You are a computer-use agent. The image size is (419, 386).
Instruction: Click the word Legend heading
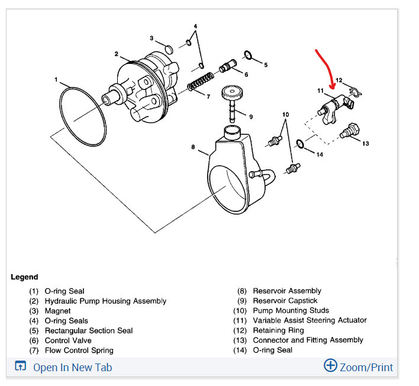pyautogui.click(x=24, y=276)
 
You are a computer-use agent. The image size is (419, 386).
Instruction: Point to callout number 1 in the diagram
pyautogui.click(x=56, y=79)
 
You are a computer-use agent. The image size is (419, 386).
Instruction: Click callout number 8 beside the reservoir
pyautogui.click(x=193, y=147)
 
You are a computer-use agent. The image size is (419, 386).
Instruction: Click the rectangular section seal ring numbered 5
pyautogui.click(x=249, y=56)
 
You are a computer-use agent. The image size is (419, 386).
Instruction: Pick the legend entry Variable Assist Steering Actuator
pyautogui.click(x=310, y=320)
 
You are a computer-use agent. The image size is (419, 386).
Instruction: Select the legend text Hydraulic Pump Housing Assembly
pyautogui.click(x=105, y=301)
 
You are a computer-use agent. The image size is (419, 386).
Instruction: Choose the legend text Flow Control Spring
pyautogui.click(x=79, y=350)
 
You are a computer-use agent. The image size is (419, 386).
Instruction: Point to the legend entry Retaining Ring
pyautogui.click(x=278, y=330)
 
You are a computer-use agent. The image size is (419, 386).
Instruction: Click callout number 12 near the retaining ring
pyautogui.click(x=339, y=80)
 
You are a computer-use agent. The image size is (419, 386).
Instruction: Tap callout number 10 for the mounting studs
pyautogui.click(x=285, y=114)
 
